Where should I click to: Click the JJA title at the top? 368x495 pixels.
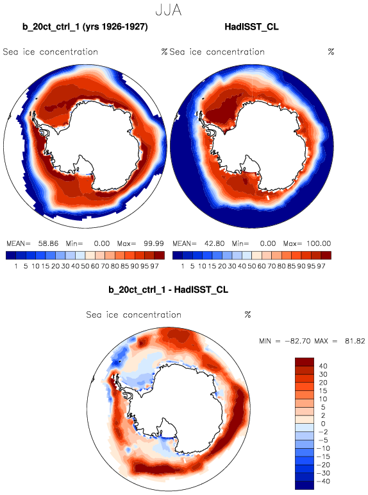169,10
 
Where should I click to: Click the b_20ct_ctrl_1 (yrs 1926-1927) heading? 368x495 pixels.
85,27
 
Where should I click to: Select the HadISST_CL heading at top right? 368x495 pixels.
252,27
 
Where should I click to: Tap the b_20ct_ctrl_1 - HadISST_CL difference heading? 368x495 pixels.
169,290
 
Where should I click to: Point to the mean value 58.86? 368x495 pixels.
48,243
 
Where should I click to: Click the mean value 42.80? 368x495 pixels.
214,243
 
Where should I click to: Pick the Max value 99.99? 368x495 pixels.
154,243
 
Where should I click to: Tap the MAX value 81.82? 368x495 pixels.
355,342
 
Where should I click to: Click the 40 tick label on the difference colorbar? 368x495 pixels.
323,366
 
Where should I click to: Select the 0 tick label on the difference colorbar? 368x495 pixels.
323,424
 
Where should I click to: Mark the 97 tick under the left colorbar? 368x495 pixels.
155,266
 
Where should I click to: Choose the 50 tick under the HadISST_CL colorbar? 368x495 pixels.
251,266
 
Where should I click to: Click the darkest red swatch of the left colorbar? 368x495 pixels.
160,255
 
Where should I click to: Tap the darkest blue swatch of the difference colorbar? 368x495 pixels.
305,485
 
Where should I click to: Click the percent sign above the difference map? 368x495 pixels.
247,315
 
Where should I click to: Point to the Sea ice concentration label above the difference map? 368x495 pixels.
134,315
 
